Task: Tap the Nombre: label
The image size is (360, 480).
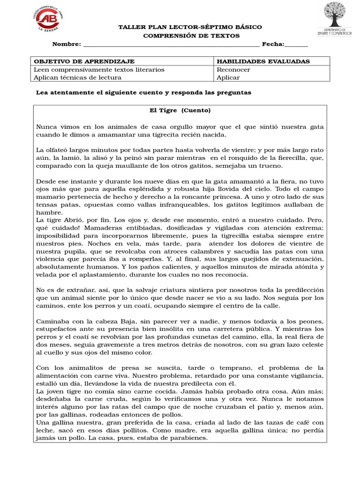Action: click(x=66, y=44)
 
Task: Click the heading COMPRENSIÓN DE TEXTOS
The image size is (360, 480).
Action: click(x=191, y=36)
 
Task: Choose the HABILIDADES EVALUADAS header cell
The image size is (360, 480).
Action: click(x=263, y=61)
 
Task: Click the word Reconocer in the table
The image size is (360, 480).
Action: click(x=233, y=69)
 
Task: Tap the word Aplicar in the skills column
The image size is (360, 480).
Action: click(x=228, y=77)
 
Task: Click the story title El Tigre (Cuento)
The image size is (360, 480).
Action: click(x=180, y=111)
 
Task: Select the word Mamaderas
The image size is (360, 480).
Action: click(x=56, y=228)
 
